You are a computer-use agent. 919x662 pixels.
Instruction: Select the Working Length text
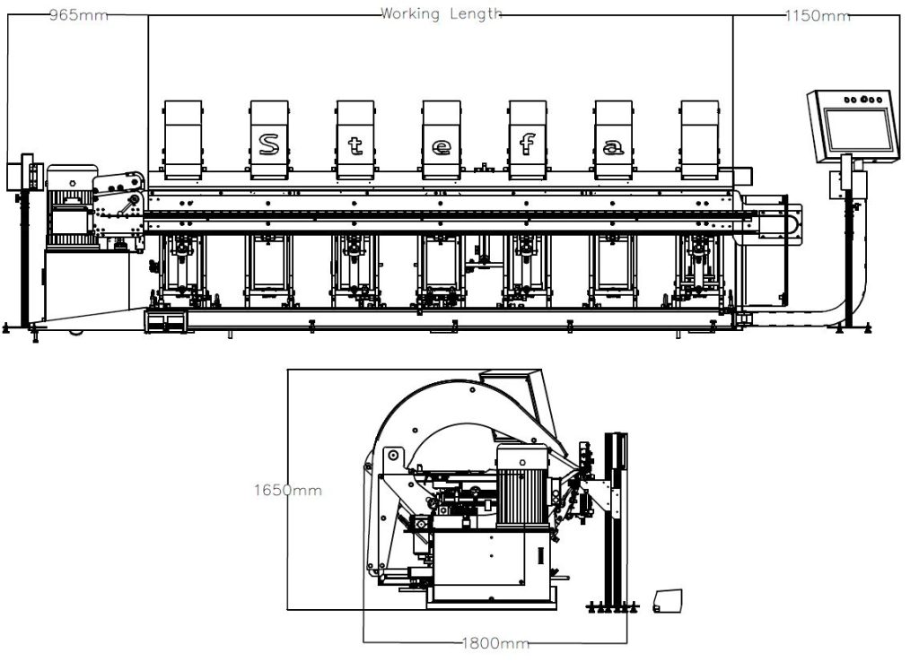pyautogui.click(x=442, y=13)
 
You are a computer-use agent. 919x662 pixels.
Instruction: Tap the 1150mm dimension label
pyautogui.click(x=817, y=15)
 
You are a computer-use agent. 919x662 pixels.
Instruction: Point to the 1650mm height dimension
pyautogui.click(x=286, y=491)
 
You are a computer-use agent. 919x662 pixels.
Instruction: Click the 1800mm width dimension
pyautogui.click(x=495, y=643)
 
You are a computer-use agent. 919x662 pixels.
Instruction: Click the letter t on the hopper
pyautogui.click(x=354, y=146)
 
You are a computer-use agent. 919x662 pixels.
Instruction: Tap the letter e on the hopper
pyautogui.click(x=441, y=146)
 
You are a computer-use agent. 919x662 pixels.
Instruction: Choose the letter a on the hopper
pyautogui.click(x=613, y=146)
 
